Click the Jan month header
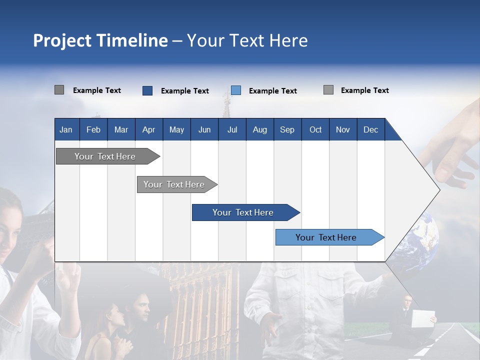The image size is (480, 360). point(66,130)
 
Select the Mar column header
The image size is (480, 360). point(121,130)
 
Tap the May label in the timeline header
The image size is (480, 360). point(176,130)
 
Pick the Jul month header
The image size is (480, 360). point(232,130)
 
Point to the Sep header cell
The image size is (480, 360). point(287,130)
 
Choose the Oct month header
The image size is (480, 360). point(315,130)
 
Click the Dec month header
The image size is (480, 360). point(370,130)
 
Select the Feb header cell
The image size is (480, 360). point(93,130)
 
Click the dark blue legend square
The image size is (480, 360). point(147,90)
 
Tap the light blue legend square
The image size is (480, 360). point(236,90)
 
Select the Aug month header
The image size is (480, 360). point(259,130)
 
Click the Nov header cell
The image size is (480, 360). point(343,130)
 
